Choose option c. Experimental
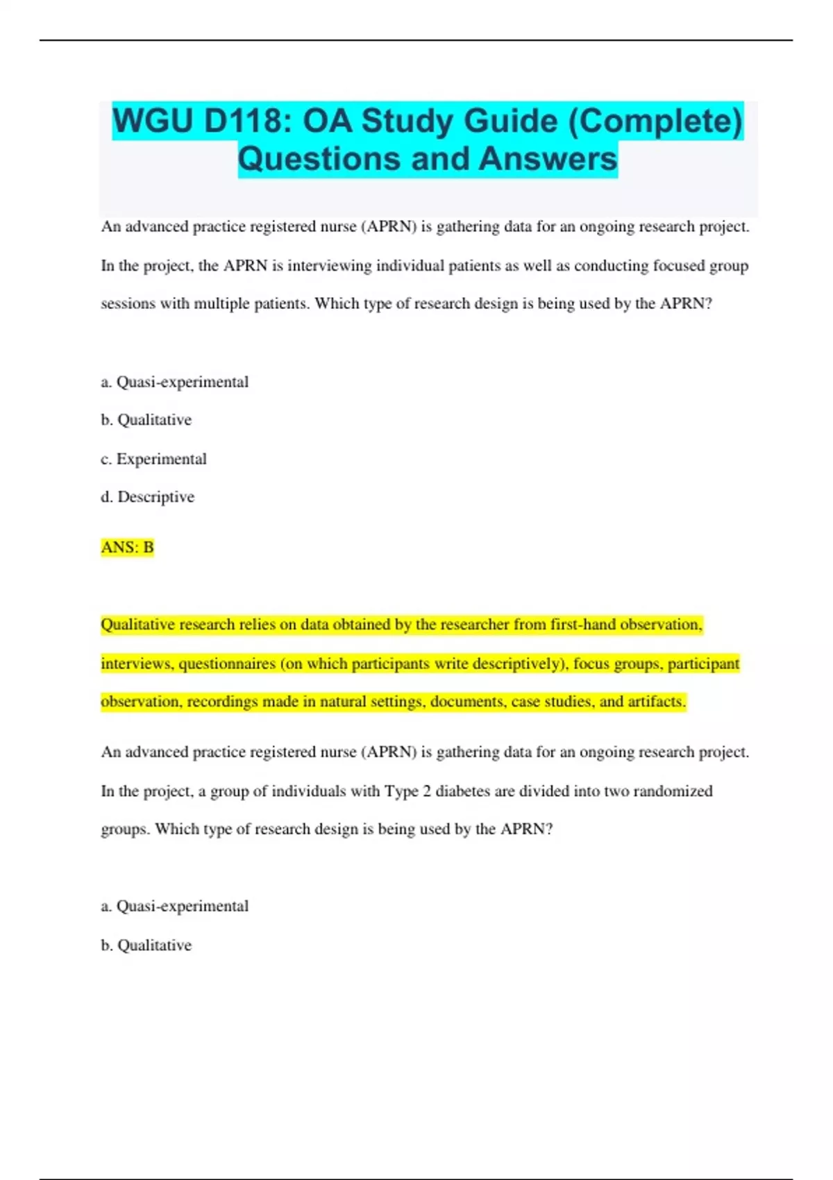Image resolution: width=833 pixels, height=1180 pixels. click(x=154, y=459)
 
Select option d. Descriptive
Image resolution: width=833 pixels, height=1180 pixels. click(x=148, y=497)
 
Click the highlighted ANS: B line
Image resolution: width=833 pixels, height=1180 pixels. click(x=127, y=548)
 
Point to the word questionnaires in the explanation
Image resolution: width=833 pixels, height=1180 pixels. click(x=227, y=664)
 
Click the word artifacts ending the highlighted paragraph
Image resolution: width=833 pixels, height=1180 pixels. click(x=657, y=702)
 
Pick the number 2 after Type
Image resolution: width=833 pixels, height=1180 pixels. click(x=427, y=791)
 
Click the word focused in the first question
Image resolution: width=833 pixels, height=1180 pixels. click(x=678, y=266)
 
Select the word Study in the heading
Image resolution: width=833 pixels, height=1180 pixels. click(x=407, y=121)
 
